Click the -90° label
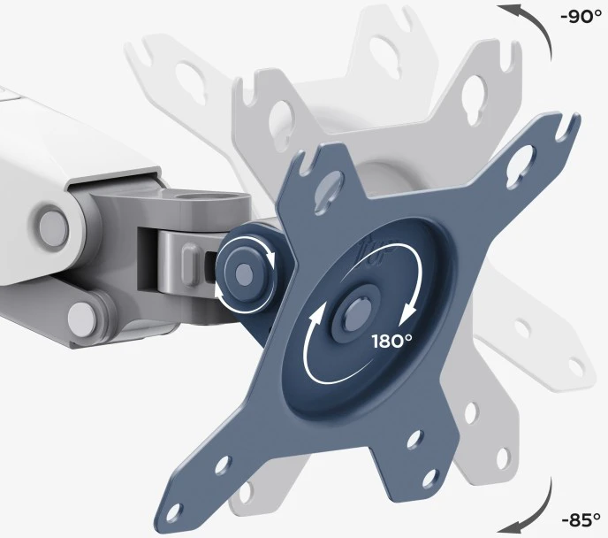[581, 17]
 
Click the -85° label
[581, 519]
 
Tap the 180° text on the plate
[392, 342]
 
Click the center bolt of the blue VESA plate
[353, 312]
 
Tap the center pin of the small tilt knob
[245, 274]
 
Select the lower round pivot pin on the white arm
[82, 319]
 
